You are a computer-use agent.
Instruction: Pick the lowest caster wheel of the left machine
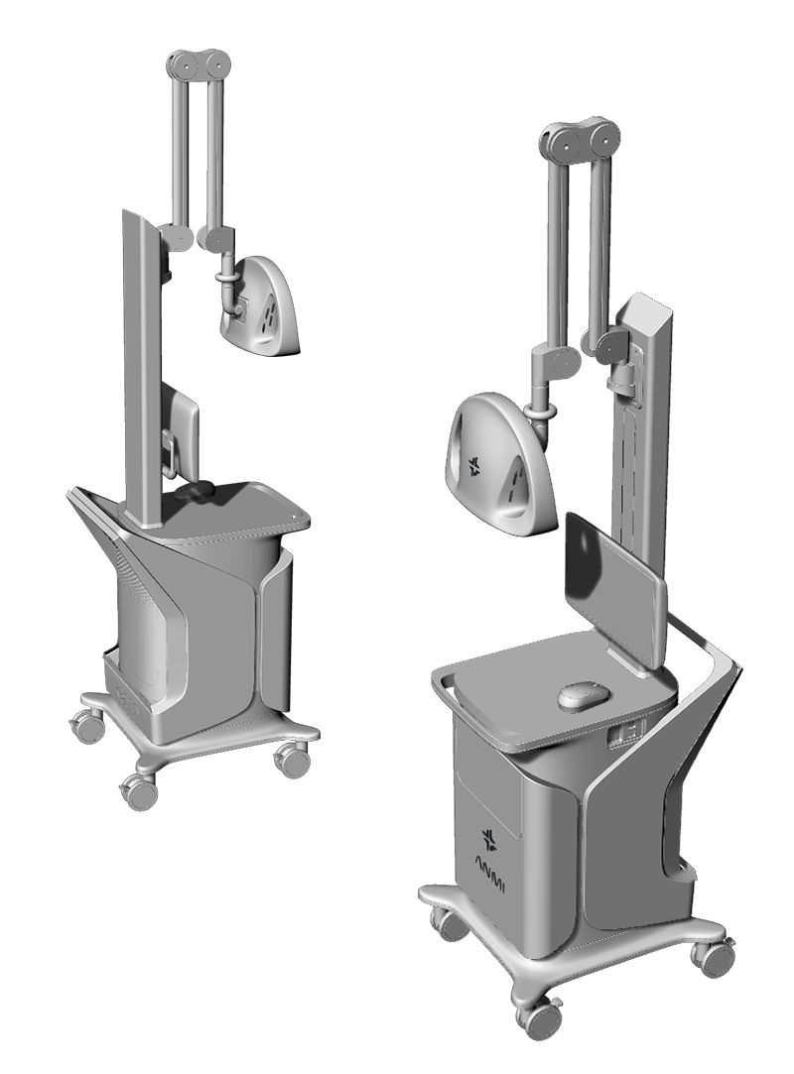click(x=137, y=791)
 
